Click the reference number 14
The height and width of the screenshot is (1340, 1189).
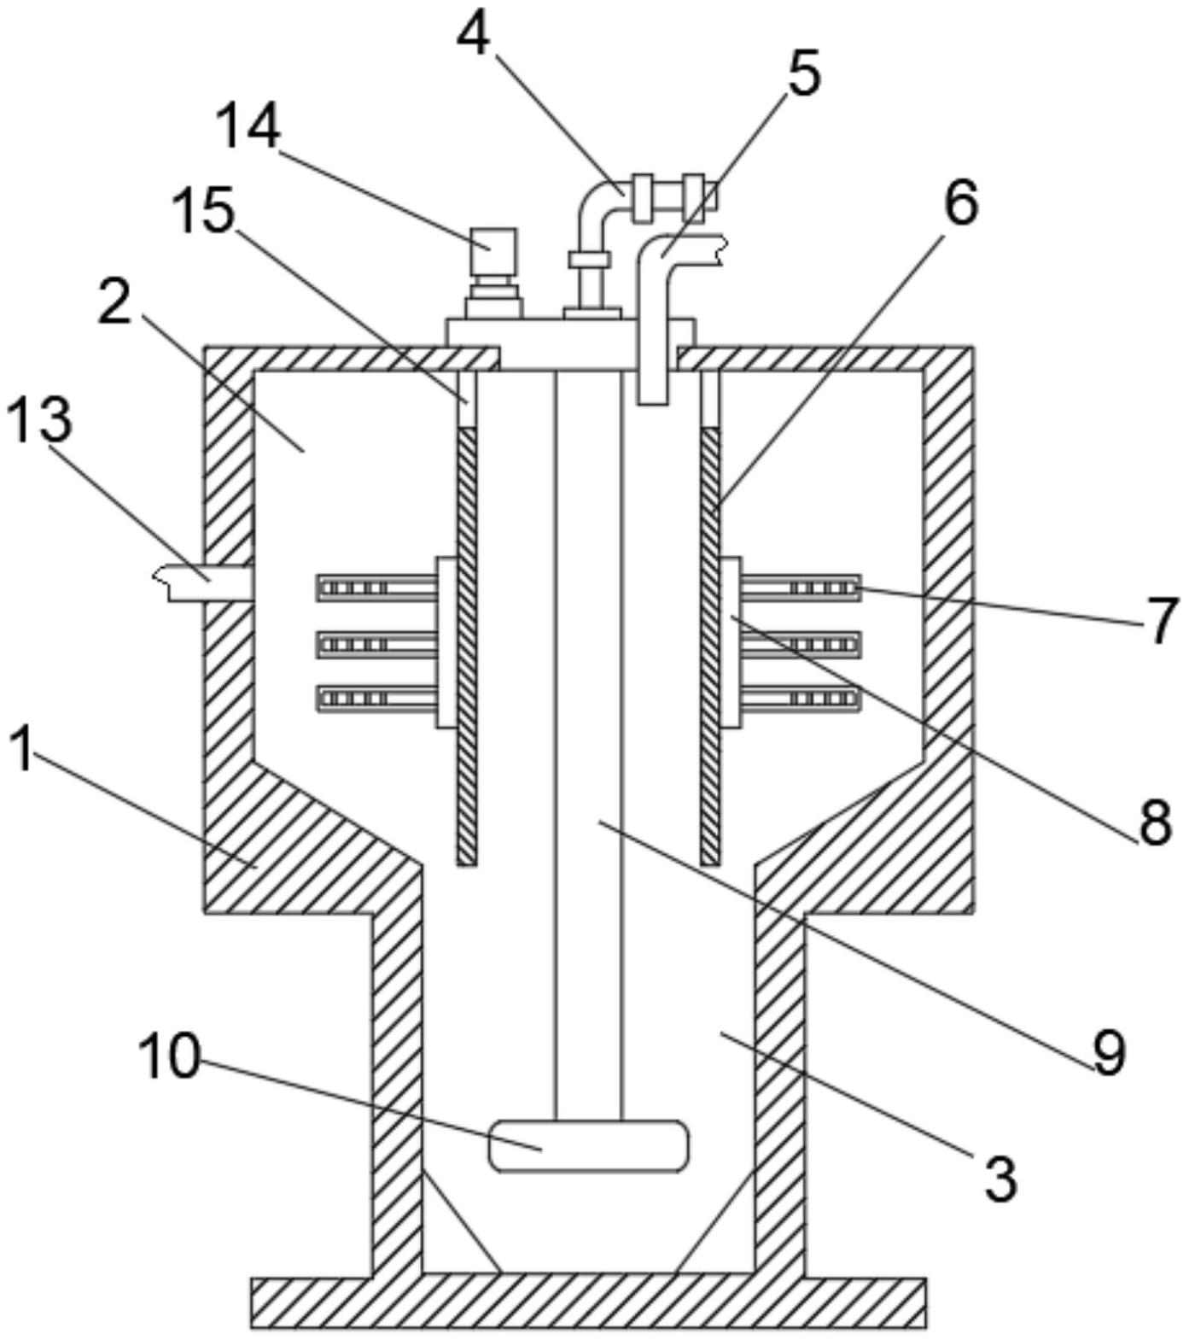(247, 128)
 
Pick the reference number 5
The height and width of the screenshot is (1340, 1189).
(801, 73)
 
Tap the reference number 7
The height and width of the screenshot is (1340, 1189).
(1160, 622)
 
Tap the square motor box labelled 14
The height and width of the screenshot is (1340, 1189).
(494, 249)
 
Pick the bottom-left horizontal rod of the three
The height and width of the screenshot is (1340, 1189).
(377, 698)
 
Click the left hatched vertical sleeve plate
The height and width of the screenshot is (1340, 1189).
(466, 647)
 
